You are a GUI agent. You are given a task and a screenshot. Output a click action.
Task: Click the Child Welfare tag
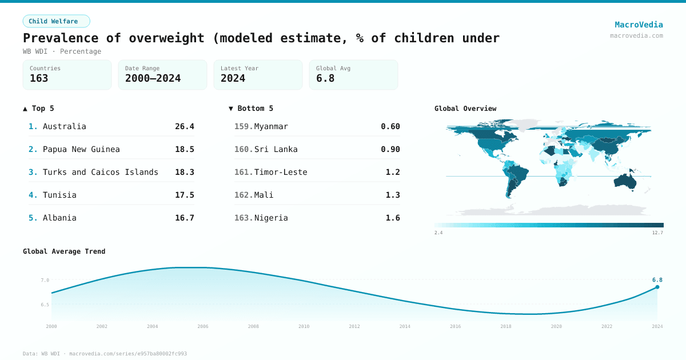(56, 21)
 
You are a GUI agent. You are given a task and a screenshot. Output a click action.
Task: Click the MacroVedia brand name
(639, 25)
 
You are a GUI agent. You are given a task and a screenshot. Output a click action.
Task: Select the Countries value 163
(39, 78)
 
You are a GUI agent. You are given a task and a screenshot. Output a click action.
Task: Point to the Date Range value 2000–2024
(153, 78)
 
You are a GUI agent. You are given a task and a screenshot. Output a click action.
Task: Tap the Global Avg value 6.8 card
(353, 75)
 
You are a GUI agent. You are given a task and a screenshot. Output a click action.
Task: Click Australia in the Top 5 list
(64, 126)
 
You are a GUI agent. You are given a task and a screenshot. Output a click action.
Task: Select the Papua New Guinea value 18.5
(184, 149)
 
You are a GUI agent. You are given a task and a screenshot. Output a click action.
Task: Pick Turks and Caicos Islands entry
(100, 172)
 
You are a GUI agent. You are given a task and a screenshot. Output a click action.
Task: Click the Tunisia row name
(59, 195)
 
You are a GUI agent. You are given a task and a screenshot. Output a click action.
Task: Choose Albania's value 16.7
(184, 218)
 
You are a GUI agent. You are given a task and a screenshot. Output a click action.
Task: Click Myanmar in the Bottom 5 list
(271, 126)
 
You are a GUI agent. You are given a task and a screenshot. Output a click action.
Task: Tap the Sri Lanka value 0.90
(390, 149)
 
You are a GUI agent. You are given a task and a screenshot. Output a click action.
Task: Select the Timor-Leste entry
(281, 172)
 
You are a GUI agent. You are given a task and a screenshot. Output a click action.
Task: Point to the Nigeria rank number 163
(244, 218)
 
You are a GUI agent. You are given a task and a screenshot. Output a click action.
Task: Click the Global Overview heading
(465, 109)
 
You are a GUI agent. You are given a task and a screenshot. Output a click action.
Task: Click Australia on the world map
(628, 181)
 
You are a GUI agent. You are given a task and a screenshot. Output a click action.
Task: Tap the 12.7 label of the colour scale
(657, 233)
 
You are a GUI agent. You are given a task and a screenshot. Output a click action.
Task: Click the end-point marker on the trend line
(657, 287)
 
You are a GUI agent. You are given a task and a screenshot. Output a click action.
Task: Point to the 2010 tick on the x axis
(304, 326)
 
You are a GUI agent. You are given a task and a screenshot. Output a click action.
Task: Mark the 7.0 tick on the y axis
(45, 280)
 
